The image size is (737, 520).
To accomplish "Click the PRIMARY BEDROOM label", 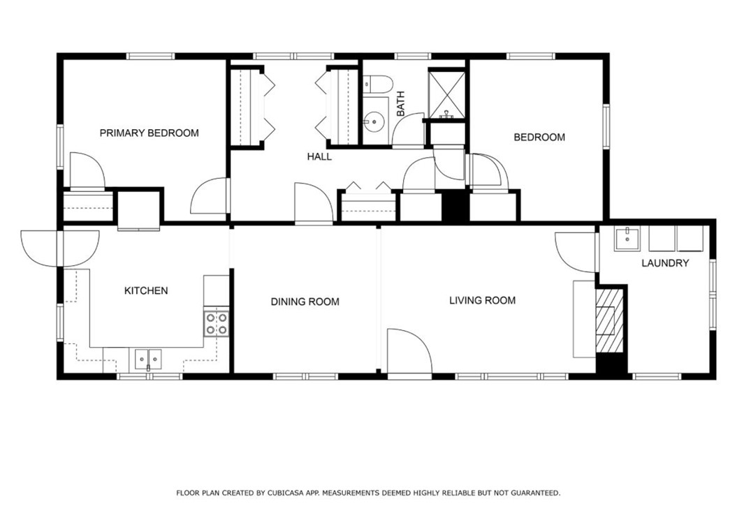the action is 149,133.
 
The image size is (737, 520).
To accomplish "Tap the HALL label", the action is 319,156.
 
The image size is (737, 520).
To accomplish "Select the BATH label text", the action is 400,104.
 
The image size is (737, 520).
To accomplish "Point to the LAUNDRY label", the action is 665,263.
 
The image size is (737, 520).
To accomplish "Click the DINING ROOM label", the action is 305,302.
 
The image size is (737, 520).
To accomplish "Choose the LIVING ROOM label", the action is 482,300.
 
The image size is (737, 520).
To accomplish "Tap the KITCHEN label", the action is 146,291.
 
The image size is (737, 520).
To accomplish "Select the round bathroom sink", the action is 374,121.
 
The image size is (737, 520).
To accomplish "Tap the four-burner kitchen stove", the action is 217,324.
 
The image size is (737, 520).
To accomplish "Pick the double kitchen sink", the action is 148,359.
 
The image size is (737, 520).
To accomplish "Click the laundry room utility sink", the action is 628,239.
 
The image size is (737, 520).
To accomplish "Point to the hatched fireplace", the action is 609,320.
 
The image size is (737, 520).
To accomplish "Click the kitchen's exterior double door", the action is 60,248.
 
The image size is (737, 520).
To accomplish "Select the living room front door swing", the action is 409,352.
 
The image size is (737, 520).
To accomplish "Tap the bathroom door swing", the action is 409,129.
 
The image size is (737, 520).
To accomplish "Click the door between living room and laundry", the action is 576,251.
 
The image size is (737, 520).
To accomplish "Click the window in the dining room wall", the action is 305,376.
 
